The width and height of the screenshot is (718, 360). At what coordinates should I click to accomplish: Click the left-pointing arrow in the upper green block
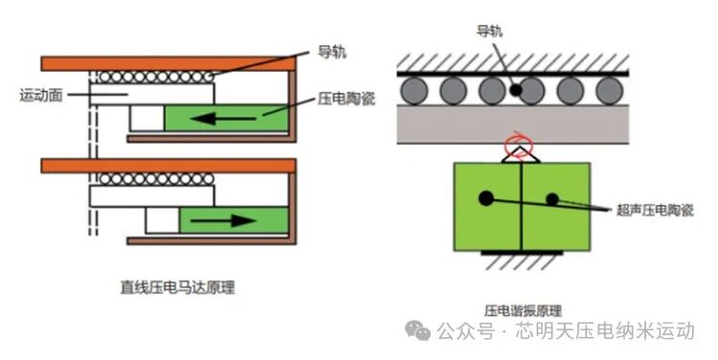point(228,118)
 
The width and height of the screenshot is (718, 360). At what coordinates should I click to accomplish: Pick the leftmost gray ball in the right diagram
point(413,91)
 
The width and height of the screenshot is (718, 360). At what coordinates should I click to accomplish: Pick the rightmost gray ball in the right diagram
point(608,91)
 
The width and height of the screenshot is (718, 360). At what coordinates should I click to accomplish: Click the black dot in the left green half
point(486,198)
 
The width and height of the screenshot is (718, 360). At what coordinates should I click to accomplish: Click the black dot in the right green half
point(552,199)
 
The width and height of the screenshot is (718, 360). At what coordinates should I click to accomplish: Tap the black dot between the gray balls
point(515,91)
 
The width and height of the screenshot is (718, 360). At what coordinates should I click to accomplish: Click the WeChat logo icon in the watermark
point(417,331)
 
